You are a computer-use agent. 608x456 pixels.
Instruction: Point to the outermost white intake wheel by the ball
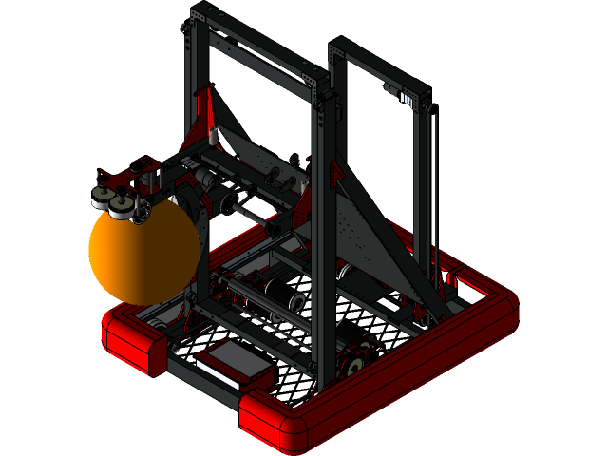click(100, 199)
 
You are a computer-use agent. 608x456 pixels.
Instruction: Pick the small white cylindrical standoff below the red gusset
click(214, 138)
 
